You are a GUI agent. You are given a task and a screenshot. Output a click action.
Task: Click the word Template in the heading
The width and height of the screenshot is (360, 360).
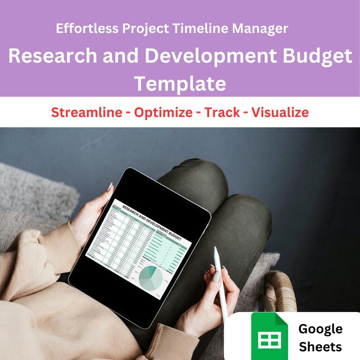pos(180,83)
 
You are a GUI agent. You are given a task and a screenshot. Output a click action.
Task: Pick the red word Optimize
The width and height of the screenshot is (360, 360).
pos(163,112)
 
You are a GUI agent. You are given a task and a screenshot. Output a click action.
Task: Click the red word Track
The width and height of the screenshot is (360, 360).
pos(222,112)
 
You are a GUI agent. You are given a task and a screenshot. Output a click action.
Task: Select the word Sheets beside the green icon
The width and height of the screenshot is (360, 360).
pos(321,347)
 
